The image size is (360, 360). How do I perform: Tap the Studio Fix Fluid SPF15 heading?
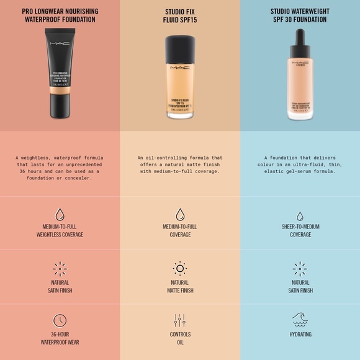pyautogui.click(x=179, y=16)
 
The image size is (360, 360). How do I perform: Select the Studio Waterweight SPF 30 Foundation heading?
pyautogui.click(x=299, y=16)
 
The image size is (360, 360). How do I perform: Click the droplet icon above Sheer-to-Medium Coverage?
pyautogui.click(x=300, y=215)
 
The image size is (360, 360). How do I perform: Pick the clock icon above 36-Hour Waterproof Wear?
pyautogui.click(x=60, y=320)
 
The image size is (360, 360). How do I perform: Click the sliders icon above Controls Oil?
pyautogui.click(x=180, y=320)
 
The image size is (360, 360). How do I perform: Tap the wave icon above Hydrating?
pyautogui.click(x=300, y=319)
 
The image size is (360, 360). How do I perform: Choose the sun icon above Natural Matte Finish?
pyautogui.click(x=180, y=268)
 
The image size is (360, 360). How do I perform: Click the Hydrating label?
pyautogui.click(x=300, y=335)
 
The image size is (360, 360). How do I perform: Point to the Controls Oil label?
pyautogui.click(x=180, y=338)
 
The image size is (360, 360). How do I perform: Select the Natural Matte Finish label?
pyautogui.click(x=180, y=286)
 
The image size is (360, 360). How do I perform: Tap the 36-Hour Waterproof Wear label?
pyautogui.click(x=60, y=338)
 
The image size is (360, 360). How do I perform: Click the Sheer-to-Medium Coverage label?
pyautogui.click(x=300, y=231)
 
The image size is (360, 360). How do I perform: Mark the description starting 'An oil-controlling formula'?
pyautogui.click(x=180, y=164)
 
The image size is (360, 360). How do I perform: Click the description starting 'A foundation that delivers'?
pyautogui.click(x=300, y=164)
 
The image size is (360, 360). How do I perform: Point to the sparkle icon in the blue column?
pyautogui.click(x=300, y=268)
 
